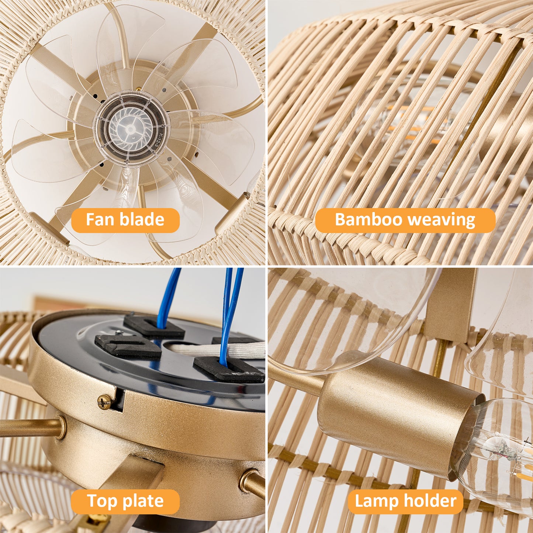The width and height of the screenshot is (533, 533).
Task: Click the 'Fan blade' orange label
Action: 125,220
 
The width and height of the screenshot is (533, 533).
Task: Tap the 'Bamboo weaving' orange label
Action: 405,220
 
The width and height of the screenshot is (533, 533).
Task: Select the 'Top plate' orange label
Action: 125,493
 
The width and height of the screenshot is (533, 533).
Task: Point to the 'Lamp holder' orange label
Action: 405,493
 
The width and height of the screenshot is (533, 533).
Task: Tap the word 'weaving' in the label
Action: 442,220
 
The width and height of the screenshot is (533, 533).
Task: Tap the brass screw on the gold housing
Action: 105,402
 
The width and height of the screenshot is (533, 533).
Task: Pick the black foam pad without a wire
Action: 127,345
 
